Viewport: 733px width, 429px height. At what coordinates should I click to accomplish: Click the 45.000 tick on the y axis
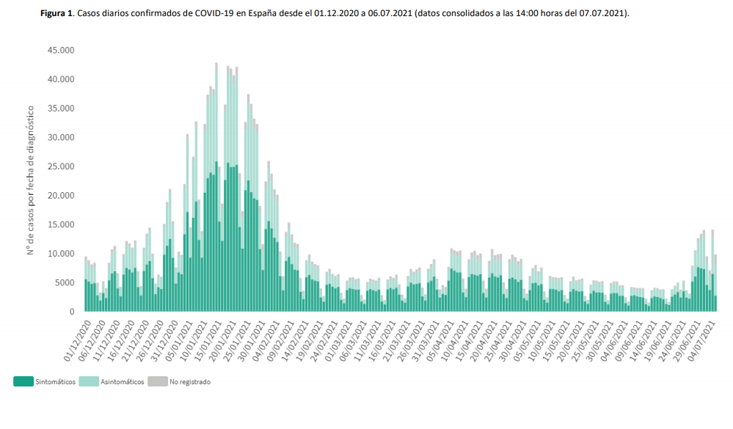click(x=62, y=51)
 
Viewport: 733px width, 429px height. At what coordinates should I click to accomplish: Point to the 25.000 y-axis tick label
click(x=62, y=166)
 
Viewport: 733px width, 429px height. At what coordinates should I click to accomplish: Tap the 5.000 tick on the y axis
click(x=64, y=282)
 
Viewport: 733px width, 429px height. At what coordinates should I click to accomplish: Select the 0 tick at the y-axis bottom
click(x=72, y=312)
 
